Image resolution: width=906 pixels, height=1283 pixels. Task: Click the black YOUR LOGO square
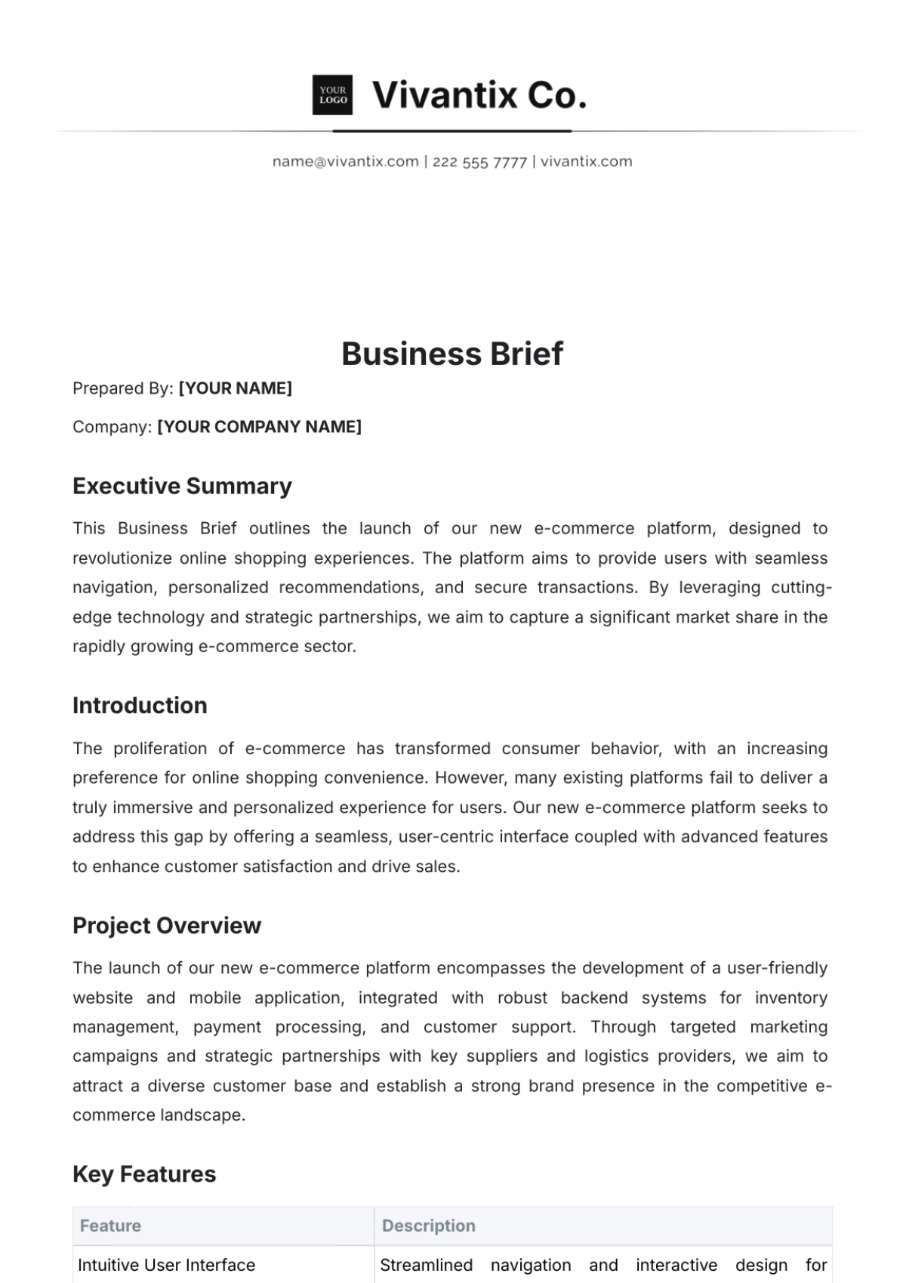coord(332,95)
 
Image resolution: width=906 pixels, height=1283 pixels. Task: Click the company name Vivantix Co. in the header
coord(479,95)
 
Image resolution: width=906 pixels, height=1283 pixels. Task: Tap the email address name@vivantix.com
coord(345,161)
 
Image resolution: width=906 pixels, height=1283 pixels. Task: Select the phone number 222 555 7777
coord(479,162)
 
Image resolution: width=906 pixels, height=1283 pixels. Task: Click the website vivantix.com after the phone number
coord(587,161)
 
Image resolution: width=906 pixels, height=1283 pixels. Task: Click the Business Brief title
coord(452,354)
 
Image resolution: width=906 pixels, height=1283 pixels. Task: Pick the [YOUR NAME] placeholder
coord(235,388)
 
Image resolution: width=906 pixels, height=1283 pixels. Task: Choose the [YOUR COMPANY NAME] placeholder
coord(259,427)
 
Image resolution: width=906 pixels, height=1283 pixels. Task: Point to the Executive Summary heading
coord(182,486)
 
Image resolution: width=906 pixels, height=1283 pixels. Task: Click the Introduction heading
coord(140,706)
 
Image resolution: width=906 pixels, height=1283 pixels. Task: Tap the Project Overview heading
coord(167,926)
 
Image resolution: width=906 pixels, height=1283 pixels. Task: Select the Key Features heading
coord(144,1174)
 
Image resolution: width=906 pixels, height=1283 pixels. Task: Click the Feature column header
coord(110,1226)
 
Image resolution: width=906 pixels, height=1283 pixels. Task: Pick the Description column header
coord(429,1226)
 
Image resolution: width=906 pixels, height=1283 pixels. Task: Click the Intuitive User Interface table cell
coord(166,1265)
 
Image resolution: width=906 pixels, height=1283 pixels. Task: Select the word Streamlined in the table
coord(426,1265)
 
